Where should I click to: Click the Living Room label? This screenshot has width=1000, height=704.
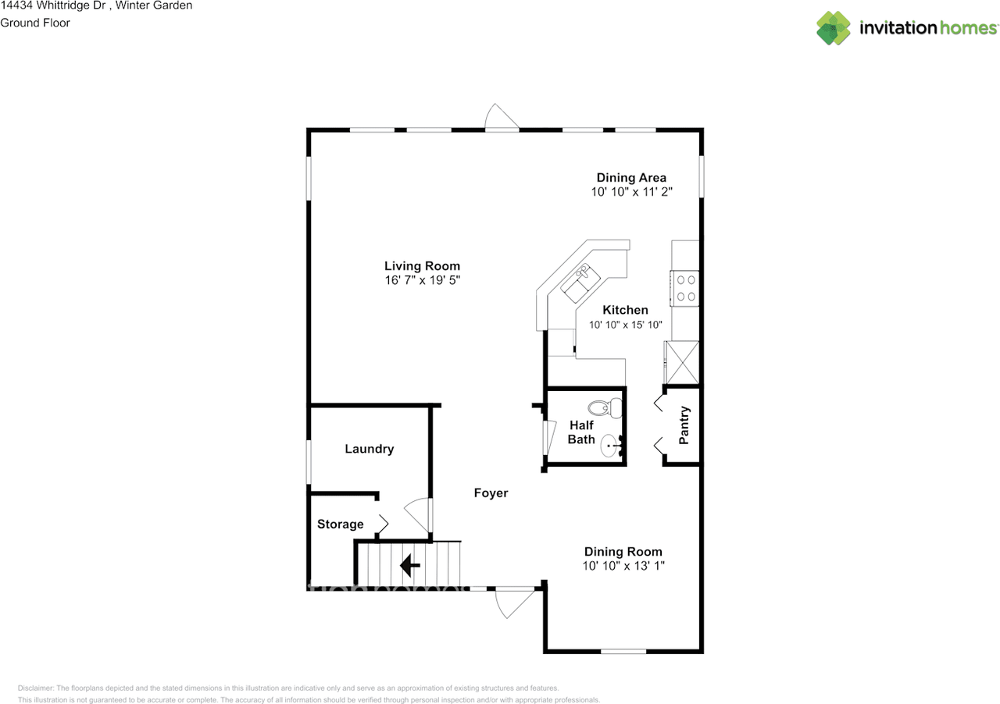pyautogui.click(x=422, y=266)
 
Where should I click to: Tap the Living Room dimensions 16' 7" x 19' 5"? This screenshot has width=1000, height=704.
pyautogui.click(x=423, y=280)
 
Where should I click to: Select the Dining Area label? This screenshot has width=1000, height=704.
pyautogui.click(x=631, y=178)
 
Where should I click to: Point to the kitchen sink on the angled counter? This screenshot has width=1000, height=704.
pyautogui.click(x=580, y=283)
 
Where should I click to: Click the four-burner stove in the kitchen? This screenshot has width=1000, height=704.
pyautogui.click(x=684, y=288)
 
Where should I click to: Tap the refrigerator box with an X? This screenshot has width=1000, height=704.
pyautogui.click(x=682, y=362)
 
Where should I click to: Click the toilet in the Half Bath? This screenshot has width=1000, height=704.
pyautogui.click(x=605, y=407)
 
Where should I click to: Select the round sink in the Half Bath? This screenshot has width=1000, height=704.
pyautogui.click(x=611, y=446)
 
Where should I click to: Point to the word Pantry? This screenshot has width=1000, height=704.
pyautogui.click(x=684, y=425)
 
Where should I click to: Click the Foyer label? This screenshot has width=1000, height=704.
pyautogui.click(x=491, y=493)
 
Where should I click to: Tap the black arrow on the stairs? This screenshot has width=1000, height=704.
pyautogui.click(x=410, y=565)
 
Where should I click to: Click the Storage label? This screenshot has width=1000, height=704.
pyautogui.click(x=340, y=524)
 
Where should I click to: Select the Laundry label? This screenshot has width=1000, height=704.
pyautogui.click(x=370, y=449)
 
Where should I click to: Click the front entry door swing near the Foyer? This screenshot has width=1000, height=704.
pyautogui.click(x=514, y=603)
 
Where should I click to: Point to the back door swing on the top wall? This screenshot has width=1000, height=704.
pyautogui.click(x=502, y=117)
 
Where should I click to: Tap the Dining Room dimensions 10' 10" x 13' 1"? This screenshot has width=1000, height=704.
pyautogui.click(x=623, y=566)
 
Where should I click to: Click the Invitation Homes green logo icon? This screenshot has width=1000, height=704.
pyautogui.click(x=833, y=28)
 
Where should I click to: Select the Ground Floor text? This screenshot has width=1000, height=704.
pyautogui.click(x=35, y=23)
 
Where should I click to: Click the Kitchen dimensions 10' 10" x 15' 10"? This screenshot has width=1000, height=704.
pyautogui.click(x=625, y=325)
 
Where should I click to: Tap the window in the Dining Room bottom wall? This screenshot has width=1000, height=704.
pyautogui.click(x=623, y=652)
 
